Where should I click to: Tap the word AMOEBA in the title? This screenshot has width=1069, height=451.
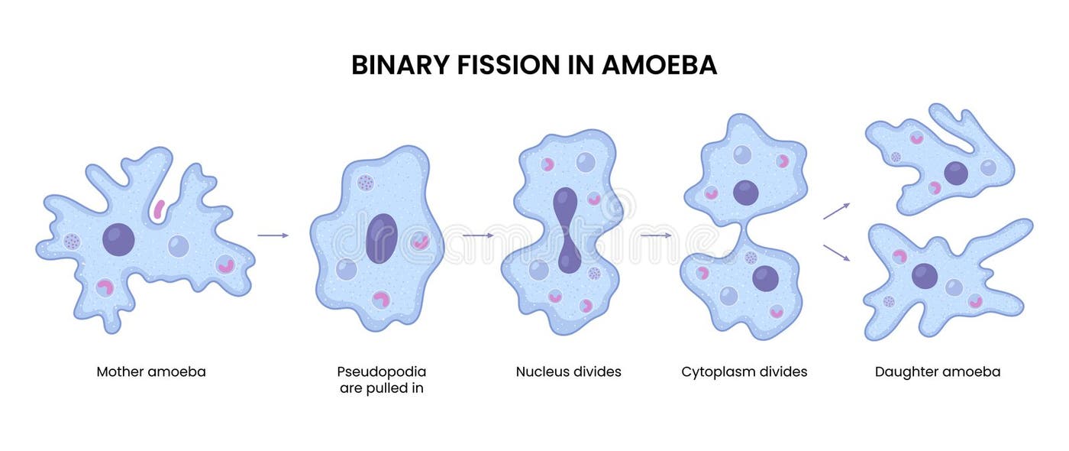pos(659,65)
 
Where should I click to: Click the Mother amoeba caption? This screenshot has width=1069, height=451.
pos(151,372)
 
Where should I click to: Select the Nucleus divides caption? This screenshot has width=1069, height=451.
pos(568,372)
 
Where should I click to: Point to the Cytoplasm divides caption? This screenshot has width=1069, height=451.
pos(744,372)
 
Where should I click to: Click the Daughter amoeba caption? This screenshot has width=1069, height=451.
pos(937,372)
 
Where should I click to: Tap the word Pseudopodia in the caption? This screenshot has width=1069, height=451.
pos(381,372)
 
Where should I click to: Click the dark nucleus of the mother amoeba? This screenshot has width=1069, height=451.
pos(118,240)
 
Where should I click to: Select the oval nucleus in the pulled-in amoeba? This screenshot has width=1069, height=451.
pos(381,238)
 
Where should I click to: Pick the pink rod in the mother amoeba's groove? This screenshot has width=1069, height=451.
pos(159,209)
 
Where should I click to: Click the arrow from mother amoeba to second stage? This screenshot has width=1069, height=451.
pos(273,235)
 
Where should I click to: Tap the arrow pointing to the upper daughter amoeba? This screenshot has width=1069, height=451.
pos(836,211)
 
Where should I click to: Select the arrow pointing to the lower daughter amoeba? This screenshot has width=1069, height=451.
pos(836,253)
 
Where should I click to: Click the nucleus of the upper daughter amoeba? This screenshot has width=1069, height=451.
pos(955,174)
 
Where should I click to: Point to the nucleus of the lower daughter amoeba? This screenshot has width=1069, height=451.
pos(924,276)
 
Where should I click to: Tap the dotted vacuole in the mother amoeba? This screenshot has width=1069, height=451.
pos(72,242)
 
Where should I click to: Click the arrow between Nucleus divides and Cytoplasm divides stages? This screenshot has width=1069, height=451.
pos(655,235)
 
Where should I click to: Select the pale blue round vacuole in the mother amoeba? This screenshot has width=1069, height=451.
pos(178,245)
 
